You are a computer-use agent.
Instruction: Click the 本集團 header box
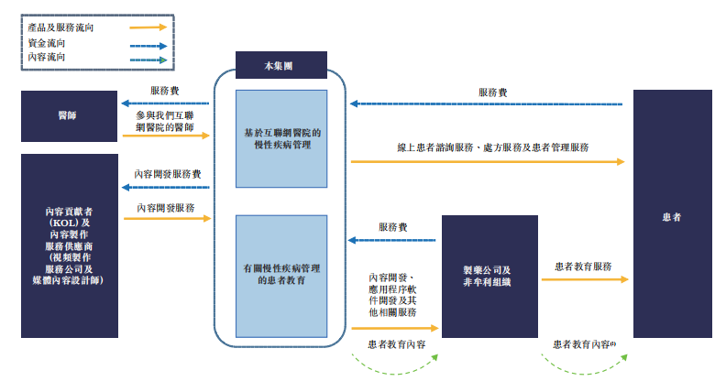281,66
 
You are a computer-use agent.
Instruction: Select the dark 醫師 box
70,116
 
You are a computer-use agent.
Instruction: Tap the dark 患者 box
672,217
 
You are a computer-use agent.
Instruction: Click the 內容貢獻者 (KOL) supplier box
70,245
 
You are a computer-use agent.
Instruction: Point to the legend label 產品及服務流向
60,27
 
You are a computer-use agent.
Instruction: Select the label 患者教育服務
585,267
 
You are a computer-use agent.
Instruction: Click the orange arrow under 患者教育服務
584,279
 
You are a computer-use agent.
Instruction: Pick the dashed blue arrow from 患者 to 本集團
486,103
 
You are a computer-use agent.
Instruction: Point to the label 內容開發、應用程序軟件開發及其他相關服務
393,295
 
